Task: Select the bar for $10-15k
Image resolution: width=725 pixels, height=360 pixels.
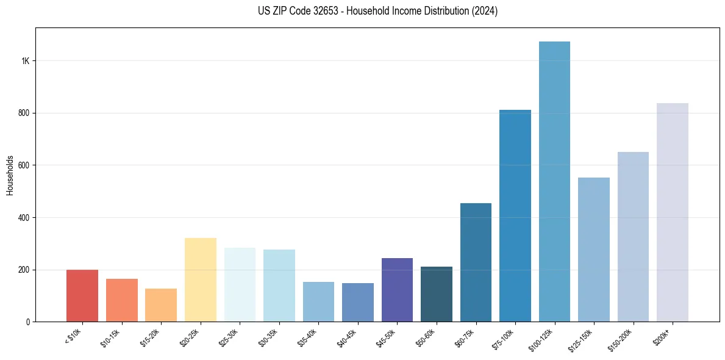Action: point(122,300)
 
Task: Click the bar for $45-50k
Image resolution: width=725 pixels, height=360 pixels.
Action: point(397,290)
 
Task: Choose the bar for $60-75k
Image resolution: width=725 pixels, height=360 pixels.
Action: point(476,262)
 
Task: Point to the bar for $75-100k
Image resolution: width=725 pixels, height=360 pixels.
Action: point(515,216)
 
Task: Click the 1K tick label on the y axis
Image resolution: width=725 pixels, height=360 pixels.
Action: point(26,61)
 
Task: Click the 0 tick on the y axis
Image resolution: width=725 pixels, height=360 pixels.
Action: point(28,322)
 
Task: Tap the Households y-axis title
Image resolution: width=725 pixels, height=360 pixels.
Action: point(10,175)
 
